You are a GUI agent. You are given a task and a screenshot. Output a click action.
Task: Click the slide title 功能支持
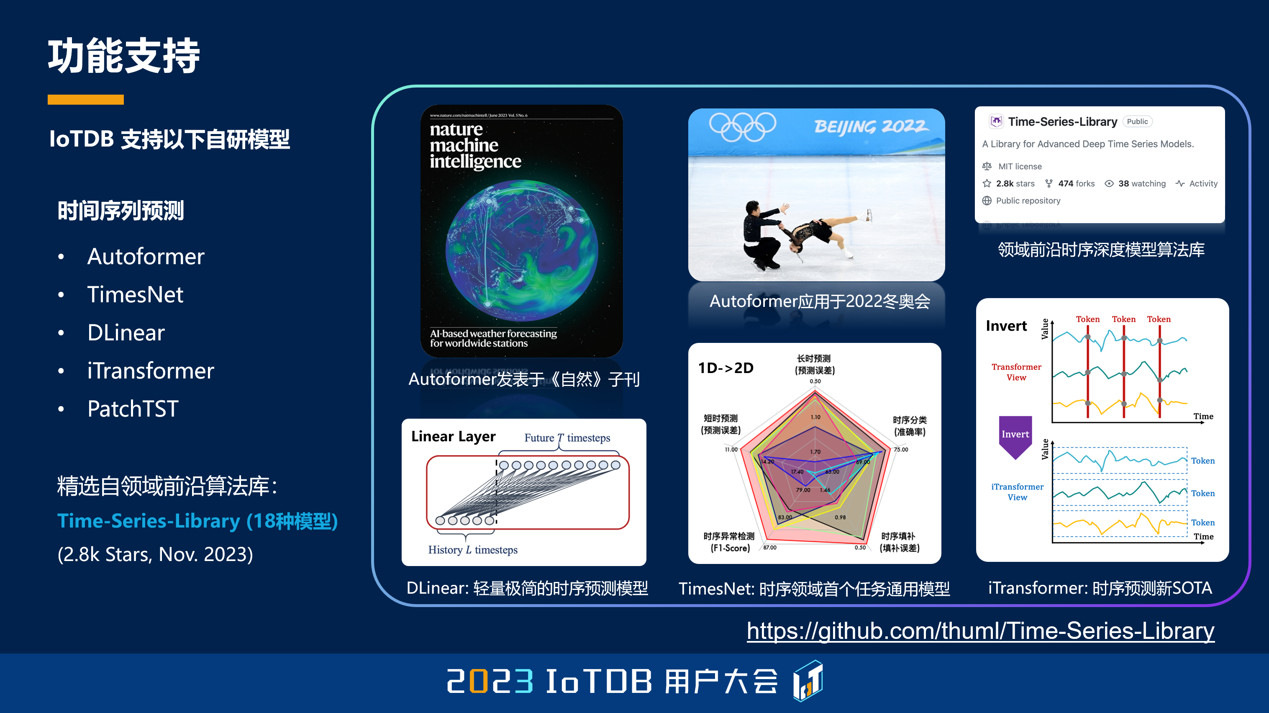pos(124,56)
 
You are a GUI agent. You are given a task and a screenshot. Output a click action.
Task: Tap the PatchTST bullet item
pos(133,409)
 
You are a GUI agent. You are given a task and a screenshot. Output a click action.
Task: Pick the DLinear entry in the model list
pos(126,333)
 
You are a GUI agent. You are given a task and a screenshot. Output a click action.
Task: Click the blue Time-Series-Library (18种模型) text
pos(197,521)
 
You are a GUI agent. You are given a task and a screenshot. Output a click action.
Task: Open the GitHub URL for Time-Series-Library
pos(980,631)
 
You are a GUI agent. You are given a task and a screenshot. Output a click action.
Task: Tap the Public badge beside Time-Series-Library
pos(1137,122)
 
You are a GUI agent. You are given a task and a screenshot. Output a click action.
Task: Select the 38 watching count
pos(1141,183)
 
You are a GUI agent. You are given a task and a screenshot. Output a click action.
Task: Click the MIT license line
pos(1019,167)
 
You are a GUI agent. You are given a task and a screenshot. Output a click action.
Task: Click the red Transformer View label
pos(1016,372)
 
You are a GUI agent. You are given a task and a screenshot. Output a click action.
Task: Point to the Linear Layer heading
pos(453,436)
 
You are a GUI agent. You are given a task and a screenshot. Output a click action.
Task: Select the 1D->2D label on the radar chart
pos(726,368)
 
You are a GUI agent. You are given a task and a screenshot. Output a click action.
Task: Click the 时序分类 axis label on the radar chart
pos(909,425)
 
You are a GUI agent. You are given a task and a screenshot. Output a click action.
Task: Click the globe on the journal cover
pos(521,250)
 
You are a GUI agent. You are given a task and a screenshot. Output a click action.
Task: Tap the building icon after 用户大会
pos(808,681)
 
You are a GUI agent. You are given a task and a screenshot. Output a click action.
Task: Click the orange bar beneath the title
pos(86,100)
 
